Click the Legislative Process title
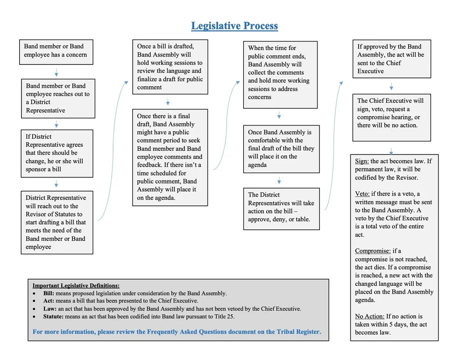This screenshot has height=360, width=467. [234, 26]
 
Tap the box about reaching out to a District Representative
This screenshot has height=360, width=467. [58, 98]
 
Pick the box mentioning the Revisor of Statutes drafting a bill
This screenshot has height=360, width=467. [57, 222]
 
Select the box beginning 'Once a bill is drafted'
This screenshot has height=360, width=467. [170, 67]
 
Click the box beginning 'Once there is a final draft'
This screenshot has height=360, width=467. [170, 157]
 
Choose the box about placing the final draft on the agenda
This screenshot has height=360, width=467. [281, 148]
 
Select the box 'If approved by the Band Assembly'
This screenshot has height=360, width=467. [391, 59]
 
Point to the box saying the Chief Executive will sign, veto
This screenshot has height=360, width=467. [391, 117]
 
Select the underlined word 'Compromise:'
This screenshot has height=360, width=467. [373, 251]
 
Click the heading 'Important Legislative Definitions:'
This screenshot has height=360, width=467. [76, 285]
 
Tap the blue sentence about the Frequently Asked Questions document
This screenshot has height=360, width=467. [177, 332]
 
